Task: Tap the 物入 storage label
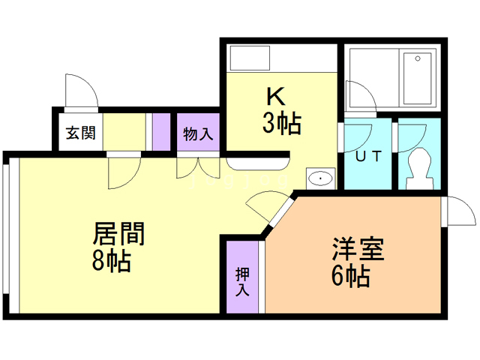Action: (x=199, y=135)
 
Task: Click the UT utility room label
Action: (x=368, y=157)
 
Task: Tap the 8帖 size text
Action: (x=112, y=262)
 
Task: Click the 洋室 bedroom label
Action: (x=358, y=249)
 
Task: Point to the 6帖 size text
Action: (x=349, y=276)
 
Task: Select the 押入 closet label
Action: (x=242, y=280)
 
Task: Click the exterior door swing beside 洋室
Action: (x=457, y=213)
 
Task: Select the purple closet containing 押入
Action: (x=242, y=277)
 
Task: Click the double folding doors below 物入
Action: (x=198, y=168)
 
